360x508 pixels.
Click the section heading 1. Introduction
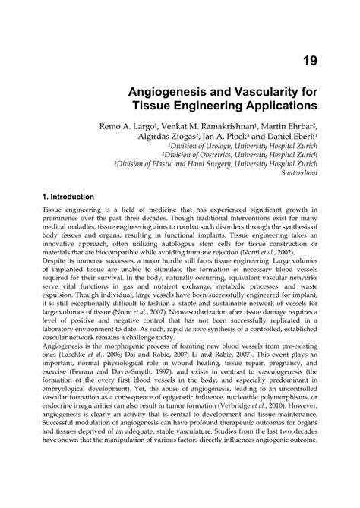(x=68, y=196)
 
